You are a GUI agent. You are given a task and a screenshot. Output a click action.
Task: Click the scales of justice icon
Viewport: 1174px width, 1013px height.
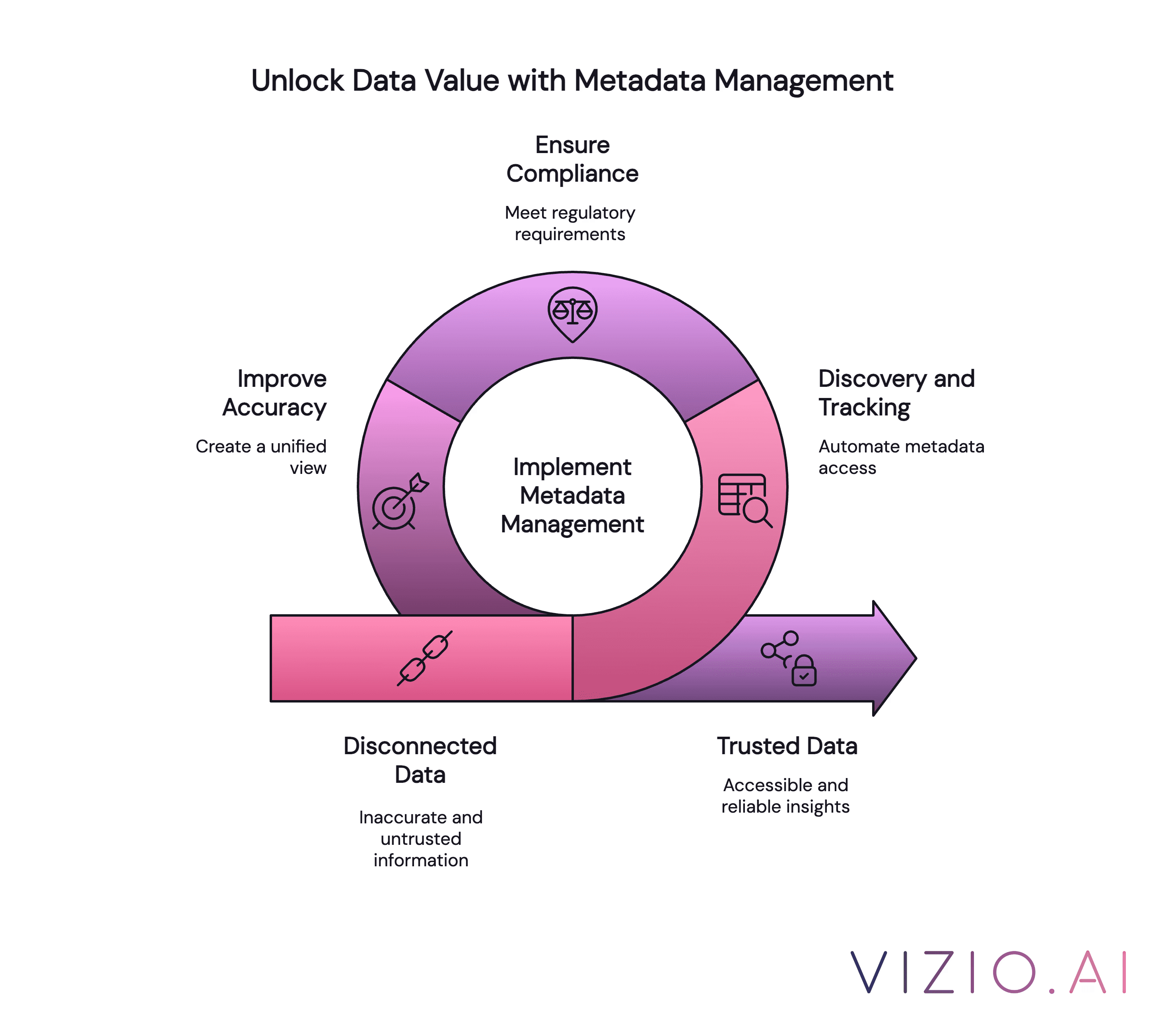coord(572,314)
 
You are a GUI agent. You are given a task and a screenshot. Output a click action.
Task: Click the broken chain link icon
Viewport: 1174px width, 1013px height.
coord(424,658)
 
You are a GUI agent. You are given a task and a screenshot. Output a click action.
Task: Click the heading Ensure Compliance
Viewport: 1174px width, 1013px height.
coord(572,159)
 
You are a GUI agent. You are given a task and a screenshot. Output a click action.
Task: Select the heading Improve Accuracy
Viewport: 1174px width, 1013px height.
coord(275,393)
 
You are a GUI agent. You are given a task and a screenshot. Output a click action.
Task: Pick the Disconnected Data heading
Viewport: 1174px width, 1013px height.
coord(420,760)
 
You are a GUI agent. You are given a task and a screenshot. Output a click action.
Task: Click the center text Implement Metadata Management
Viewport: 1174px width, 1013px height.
coord(572,495)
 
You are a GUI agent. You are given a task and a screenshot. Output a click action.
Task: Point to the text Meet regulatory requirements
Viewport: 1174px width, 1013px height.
coord(570,223)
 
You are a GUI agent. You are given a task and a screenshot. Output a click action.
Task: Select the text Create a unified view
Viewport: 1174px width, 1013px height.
coord(262,457)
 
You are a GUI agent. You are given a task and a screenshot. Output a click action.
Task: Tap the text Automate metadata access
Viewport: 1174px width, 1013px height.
coord(901,457)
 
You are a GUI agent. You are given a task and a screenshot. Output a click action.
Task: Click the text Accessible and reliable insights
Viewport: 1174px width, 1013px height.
coord(785,796)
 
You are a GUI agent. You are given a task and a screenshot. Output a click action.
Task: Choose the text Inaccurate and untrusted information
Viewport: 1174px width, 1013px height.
coord(420,838)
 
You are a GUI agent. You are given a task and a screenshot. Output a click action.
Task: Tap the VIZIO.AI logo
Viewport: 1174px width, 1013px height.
coord(989,972)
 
